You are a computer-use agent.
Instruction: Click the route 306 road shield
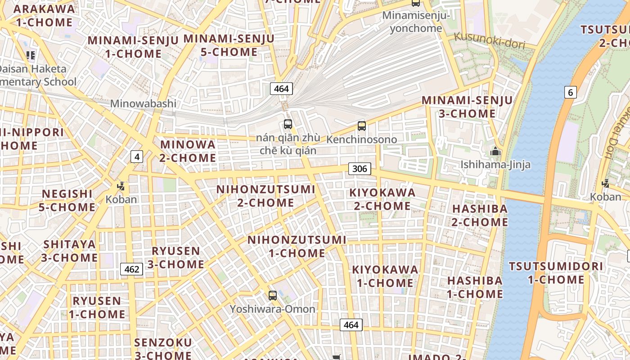(x=360, y=169)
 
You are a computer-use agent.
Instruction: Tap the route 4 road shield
(x=137, y=157)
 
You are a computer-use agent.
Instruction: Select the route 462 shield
(x=131, y=269)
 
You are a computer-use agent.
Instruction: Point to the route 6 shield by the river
(x=570, y=93)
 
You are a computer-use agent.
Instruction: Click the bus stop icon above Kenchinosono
(x=362, y=126)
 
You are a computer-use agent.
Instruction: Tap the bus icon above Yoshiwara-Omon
(x=273, y=296)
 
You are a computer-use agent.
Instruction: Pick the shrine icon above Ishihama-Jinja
(x=495, y=151)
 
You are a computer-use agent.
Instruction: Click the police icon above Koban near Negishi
(x=121, y=185)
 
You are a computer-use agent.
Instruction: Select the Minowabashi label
(x=143, y=103)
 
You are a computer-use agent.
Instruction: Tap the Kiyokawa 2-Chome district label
(x=382, y=199)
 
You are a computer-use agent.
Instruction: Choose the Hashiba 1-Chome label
(x=475, y=287)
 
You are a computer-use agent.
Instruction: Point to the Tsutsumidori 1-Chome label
(x=556, y=273)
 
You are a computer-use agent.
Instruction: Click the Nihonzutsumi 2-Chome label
(x=265, y=196)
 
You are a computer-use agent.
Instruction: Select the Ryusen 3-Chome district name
(x=175, y=257)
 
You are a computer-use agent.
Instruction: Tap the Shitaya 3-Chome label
(x=70, y=251)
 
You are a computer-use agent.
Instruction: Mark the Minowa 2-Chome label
(x=188, y=151)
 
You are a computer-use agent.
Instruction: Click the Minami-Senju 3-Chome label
(x=467, y=107)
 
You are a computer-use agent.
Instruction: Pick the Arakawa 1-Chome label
(x=44, y=15)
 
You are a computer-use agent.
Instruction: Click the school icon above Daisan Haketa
(x=31, y=55)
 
